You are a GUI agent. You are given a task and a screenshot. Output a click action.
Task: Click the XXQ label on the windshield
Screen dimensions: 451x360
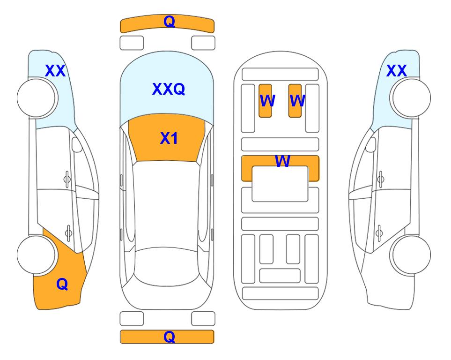point(169,89)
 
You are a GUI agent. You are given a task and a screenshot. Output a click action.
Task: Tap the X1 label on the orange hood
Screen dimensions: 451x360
point(169,138)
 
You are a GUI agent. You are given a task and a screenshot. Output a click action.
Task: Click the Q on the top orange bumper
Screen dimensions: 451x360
point(169,21)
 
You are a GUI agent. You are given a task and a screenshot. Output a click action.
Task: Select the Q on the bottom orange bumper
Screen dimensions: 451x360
point(169,337)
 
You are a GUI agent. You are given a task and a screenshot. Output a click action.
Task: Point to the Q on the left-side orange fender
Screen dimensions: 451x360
point(62,284)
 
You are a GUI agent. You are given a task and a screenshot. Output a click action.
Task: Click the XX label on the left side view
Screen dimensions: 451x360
point(55,71)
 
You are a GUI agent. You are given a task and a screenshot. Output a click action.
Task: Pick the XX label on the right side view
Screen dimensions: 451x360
point(396,71)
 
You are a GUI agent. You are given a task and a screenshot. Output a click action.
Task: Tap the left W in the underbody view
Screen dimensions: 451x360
point(267,100)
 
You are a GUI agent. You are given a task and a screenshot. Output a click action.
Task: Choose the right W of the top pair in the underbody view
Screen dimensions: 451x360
point(297,100)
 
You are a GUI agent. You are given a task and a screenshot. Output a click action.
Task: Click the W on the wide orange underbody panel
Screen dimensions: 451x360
point(282,161)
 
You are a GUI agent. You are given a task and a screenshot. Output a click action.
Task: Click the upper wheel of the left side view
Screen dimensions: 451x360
point(37,98)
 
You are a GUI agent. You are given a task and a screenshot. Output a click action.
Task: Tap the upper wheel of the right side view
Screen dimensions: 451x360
point(410,98)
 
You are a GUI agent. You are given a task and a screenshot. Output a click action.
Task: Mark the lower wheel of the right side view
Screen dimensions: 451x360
point(410,255)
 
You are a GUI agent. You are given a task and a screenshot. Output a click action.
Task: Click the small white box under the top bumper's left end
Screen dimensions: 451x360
point(132,43)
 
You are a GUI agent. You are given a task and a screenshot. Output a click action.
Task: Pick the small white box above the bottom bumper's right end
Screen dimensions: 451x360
point(203,319)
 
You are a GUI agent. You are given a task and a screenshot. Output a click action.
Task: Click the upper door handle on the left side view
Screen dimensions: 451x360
point(67,179)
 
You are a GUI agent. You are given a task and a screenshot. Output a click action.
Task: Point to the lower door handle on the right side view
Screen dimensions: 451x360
point(379,233)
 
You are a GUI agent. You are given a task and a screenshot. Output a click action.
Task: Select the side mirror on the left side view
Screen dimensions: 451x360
point(76,144)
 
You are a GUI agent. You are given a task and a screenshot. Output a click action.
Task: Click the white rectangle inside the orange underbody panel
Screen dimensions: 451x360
point(280,184)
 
